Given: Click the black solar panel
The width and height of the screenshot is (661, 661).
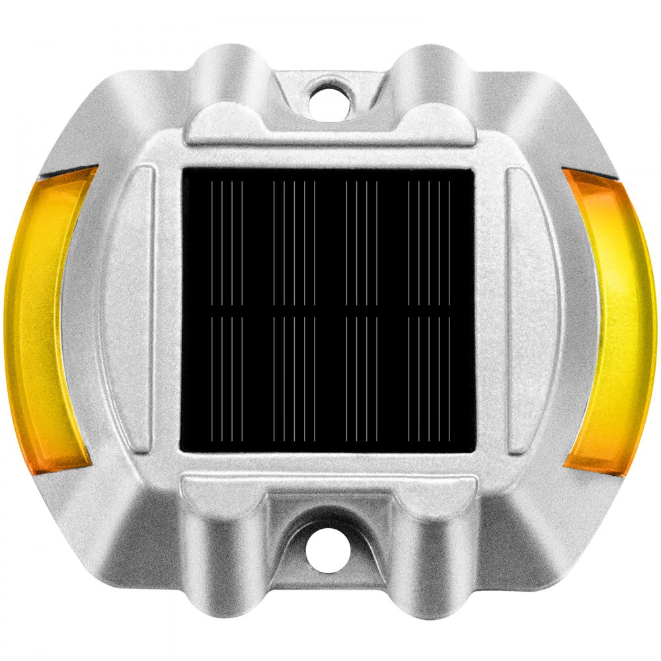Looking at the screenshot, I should point(329,311).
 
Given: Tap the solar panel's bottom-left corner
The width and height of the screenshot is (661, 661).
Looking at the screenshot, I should point(184,452).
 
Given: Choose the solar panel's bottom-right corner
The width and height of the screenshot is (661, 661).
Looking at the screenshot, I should point(473,452).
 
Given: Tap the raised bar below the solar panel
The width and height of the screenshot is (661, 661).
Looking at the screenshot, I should point(329,486).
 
